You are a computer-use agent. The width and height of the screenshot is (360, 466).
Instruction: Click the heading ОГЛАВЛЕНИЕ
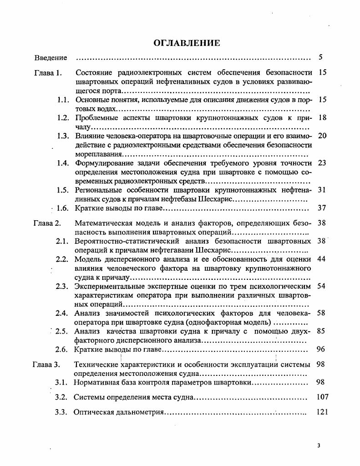pyautogui.click(x=187, y=43)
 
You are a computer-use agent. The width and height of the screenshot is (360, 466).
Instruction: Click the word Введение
pyautogui.click(x=51, y=58)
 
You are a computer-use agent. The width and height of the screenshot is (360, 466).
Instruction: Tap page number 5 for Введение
pyautogui.click(x=320, y=57)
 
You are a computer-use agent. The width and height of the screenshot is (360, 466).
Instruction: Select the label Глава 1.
pyautogui.click(x=48, y=72)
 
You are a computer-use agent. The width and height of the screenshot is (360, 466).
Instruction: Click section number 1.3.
pyautogui.click(x=63, y=136)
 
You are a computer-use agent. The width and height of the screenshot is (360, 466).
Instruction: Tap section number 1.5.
pyautogui.click(x=63, y=190)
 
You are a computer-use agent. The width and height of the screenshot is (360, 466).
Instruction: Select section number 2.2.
pyautogui.click(x=62, y=259)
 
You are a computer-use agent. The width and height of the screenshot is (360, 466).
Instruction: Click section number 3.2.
pyautogui.click(x=61, y=397)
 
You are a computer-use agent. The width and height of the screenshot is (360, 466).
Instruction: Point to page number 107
pyautogui.click(x=322, y=397)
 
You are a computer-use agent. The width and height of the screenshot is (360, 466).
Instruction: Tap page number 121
pyautogui.click(x=322, y=412)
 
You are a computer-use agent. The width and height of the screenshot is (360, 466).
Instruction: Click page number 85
pyautogui.click(x=320, y=331)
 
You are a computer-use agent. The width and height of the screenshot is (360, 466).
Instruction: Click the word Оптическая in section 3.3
pyautogui.click(x=94, y=413)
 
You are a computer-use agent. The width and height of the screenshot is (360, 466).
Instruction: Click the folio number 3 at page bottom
pyautogui.click(x=319, y=446)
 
